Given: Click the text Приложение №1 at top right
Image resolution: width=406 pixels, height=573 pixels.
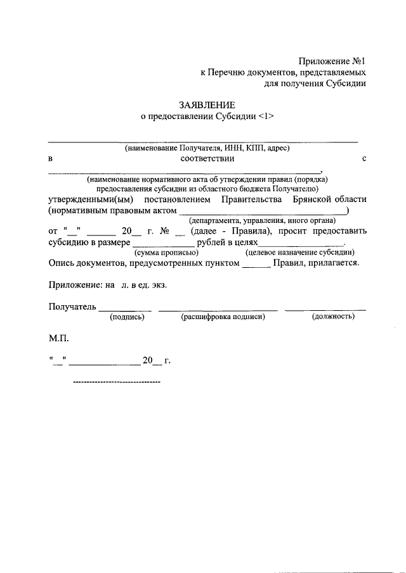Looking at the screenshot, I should coord(332,61).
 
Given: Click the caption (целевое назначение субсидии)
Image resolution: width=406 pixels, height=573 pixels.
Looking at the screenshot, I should coord(300,252).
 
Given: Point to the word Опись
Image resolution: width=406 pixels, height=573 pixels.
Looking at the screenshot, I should coord(61,263).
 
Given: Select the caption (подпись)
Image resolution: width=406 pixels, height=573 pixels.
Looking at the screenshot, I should coord(128,316).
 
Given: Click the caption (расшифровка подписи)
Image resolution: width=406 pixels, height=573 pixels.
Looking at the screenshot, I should coord(223,316).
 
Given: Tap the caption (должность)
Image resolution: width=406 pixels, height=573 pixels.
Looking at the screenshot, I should coord(333,316).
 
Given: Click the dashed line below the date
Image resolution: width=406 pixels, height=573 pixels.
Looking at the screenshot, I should coord(117,382).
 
